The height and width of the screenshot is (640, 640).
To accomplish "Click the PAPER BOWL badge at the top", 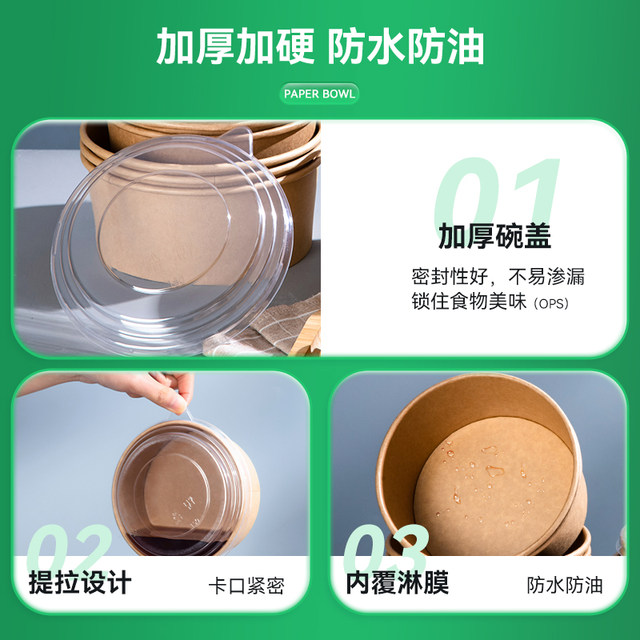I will tap(319, 94).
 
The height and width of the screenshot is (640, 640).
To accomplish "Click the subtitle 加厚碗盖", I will tap(494, 237).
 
